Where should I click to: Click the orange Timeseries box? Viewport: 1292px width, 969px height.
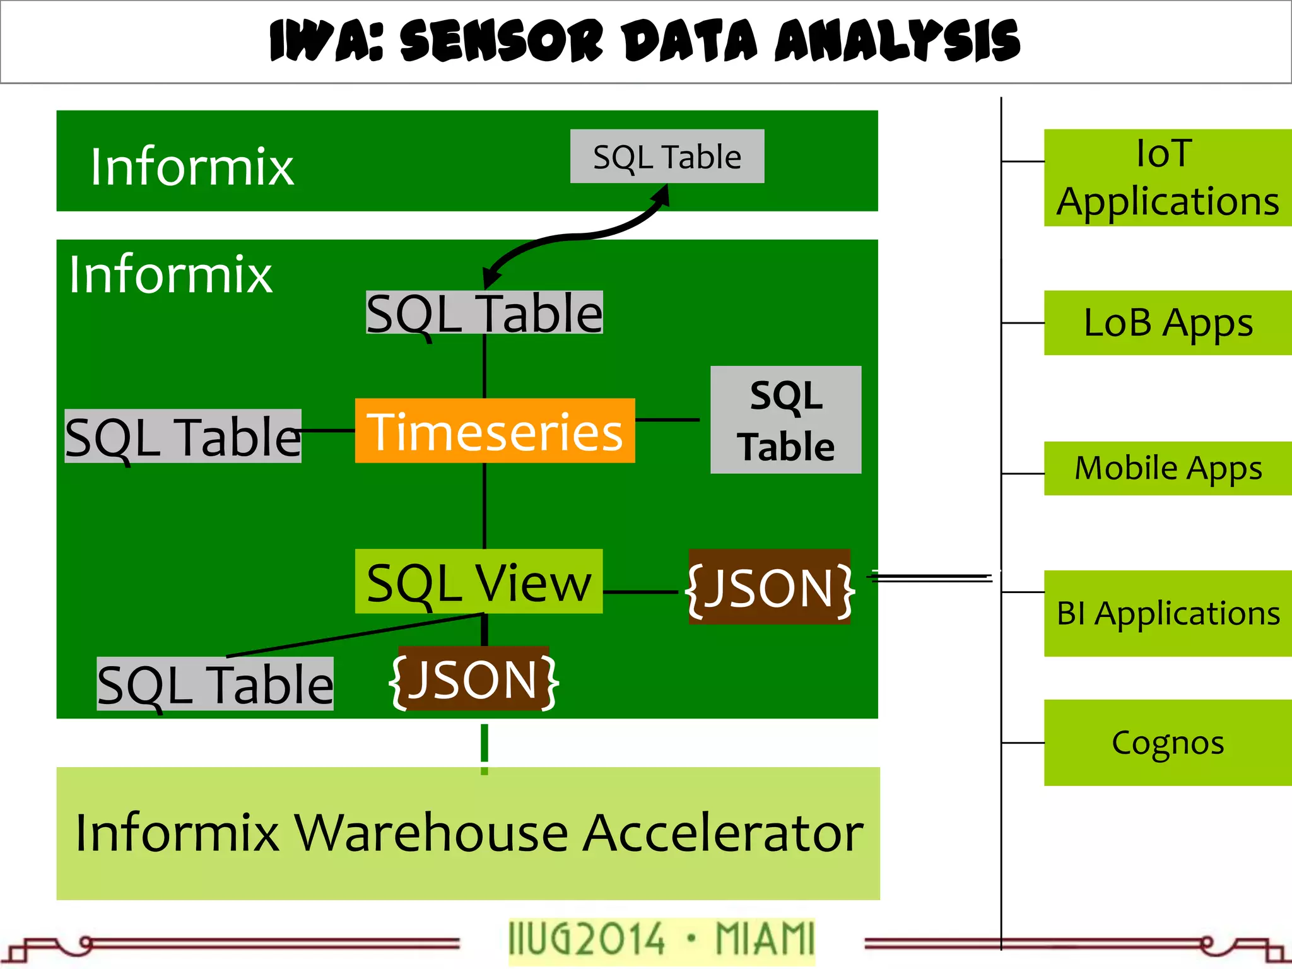(495, 431)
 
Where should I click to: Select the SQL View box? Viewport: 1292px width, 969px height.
(478, 582)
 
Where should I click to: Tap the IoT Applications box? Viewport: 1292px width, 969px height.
(1167, 178)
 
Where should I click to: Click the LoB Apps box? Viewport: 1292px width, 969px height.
(1167, 323)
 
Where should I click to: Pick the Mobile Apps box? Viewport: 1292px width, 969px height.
(1167, 468)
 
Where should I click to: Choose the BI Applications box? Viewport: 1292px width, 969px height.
(1167, 613)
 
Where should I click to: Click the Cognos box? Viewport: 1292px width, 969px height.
(1167, 743)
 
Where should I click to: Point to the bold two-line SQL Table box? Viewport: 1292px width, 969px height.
(785, 420)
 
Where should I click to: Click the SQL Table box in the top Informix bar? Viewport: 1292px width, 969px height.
(667, 156)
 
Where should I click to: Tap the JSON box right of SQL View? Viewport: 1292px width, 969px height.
(770, 587)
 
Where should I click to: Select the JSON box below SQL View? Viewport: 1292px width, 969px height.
(474, 679)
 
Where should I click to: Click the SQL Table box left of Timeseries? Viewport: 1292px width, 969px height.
(183, 437)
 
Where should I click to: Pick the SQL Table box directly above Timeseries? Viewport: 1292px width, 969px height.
(484, 313)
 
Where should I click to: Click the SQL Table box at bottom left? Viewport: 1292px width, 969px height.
(214, 684)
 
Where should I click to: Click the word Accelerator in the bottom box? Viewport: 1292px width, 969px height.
(722, 833)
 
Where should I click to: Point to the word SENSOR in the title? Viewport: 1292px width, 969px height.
(502, 40)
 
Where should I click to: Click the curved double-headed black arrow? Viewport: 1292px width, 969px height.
(574, 237)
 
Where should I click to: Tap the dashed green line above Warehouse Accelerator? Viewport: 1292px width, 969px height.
(484, 748)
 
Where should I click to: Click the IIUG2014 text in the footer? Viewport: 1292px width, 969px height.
(587, 939)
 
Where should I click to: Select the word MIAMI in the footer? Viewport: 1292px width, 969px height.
(765, 939)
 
